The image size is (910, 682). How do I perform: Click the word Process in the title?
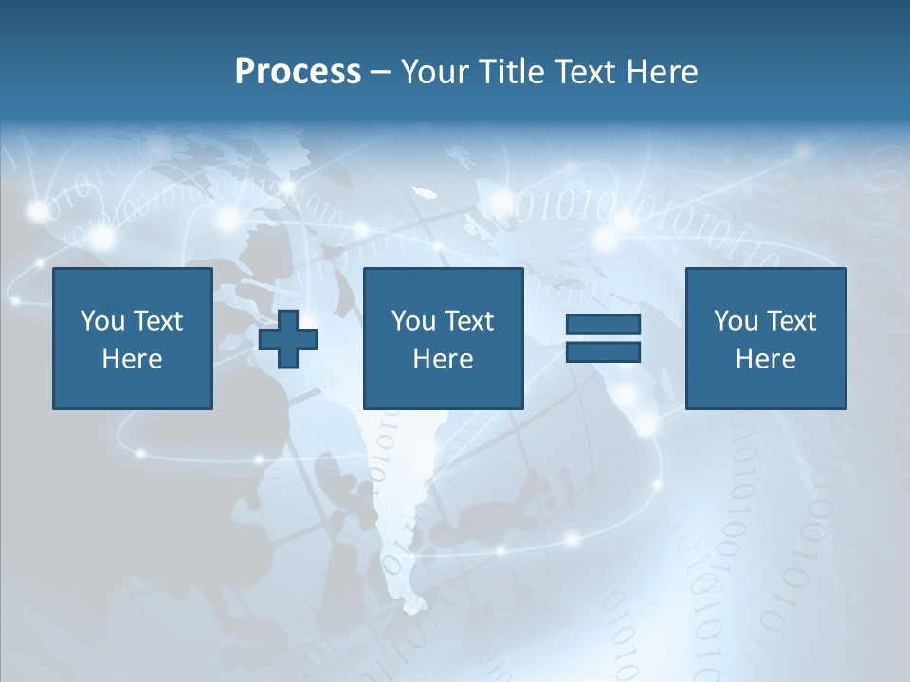tap(298, 72)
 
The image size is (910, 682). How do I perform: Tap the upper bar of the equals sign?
tap(603, 325)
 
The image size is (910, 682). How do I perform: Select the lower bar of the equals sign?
tap(603, 351)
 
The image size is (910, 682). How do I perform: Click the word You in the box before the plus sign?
tap(102, 321)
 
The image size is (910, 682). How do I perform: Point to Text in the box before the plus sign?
tap(157, 321)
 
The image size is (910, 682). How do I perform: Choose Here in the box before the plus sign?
tap(132, 359)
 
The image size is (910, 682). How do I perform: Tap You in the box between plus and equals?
tap(413, 321)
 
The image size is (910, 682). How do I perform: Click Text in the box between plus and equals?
tap(468, 321)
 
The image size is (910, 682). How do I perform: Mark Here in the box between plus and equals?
tap(443, 359)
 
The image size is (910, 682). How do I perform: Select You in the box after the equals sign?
tap(736, 321)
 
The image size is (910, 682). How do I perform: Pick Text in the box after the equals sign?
tap(791, 321)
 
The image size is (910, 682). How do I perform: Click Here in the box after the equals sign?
tap(765, 359)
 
